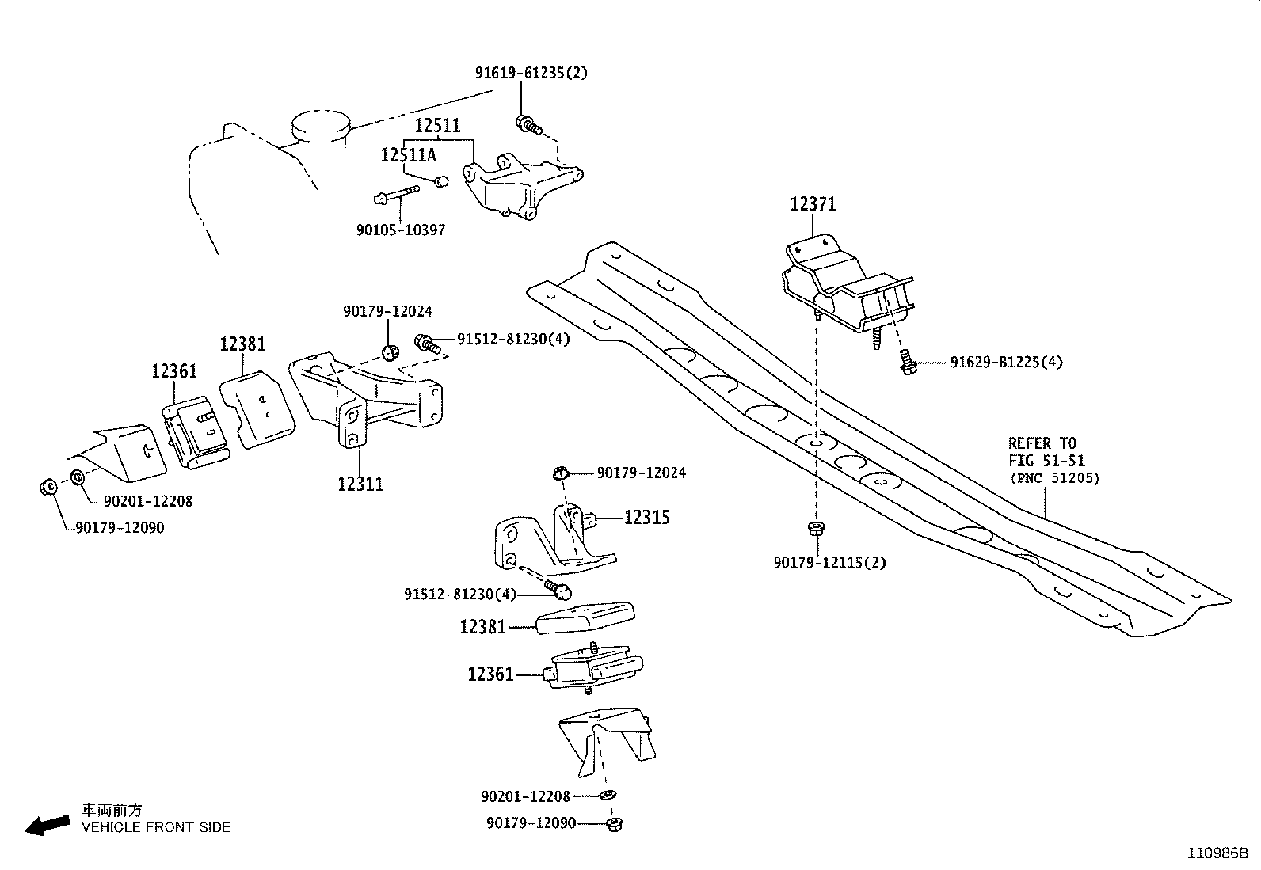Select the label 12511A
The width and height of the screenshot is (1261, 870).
(x=408, y=155)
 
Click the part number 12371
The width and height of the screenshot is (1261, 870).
(x=813, y=204)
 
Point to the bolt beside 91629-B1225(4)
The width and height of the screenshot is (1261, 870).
(x=908, y=364)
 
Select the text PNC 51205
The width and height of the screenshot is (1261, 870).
(x=1054, y=478)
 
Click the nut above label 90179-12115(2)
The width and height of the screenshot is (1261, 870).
(x=813, y=527)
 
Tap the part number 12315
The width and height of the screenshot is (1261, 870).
(x=646, y=518)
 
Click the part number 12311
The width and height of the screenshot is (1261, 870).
(x=360, y=484)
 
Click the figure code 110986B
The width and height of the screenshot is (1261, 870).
(x=1217, y=853)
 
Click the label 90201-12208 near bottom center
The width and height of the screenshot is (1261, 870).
(x=525, y=796)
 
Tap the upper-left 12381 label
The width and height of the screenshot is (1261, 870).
(x=242, y=344)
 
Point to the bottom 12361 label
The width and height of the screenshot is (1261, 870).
(x=490, y=674)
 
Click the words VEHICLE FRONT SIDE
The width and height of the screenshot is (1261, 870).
(x=156, y=827)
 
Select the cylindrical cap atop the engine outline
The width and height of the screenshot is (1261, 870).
(x=320, y=126)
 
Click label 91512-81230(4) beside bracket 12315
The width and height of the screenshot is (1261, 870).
(x=459, y=594)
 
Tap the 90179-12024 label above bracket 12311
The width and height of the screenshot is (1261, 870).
(x=387, y=312)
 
